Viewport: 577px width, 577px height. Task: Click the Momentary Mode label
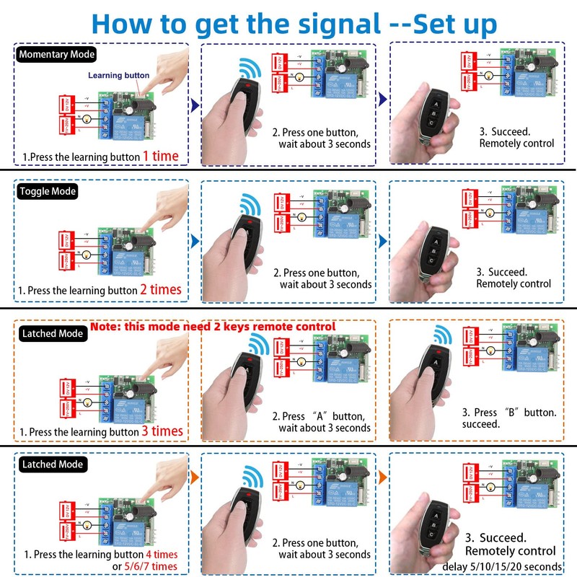pyautogui.click(x=56, y=54)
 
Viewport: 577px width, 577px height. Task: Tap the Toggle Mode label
pyautogui.click(x=48, y=191)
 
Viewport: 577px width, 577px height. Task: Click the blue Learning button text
pyautogui.click(x=119, y=75)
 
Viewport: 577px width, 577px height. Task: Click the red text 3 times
pyautogui.click(x=162, y=431)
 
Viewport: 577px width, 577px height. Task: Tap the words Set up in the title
pyautogui.click(x=455, y=23)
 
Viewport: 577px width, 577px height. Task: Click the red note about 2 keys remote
pyautogui.click(x=213, y=327)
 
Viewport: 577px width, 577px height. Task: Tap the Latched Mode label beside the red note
pyautogui.click(x=51, y=334)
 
